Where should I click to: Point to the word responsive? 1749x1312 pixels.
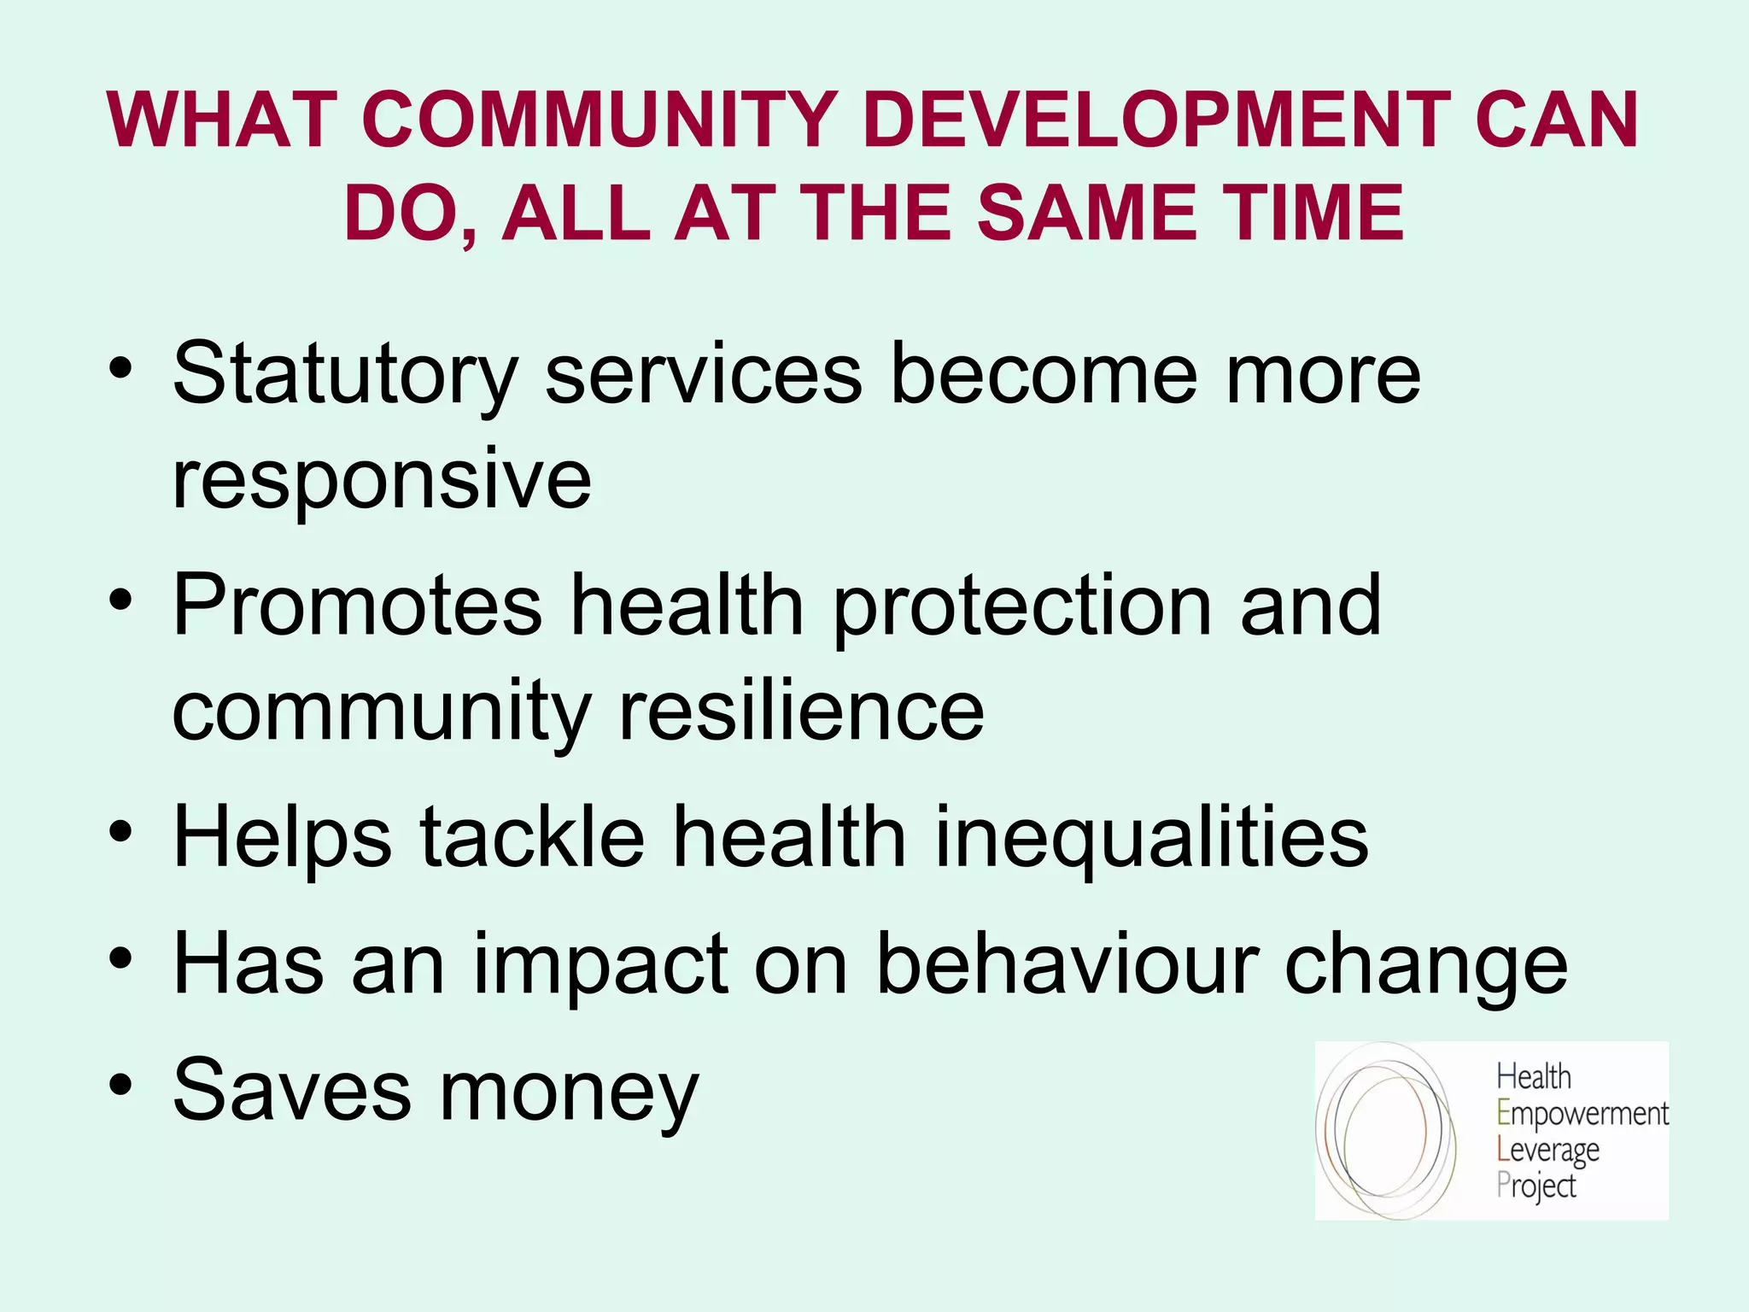(x=382, y=480)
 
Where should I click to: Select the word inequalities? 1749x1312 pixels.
(x=1152, y=839)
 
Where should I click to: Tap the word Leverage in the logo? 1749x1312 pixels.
(x=1547, y=1151)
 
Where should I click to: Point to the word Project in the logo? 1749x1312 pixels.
(x=1535, y=1186)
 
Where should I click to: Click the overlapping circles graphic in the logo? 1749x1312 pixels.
(x=1385, y=1129)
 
